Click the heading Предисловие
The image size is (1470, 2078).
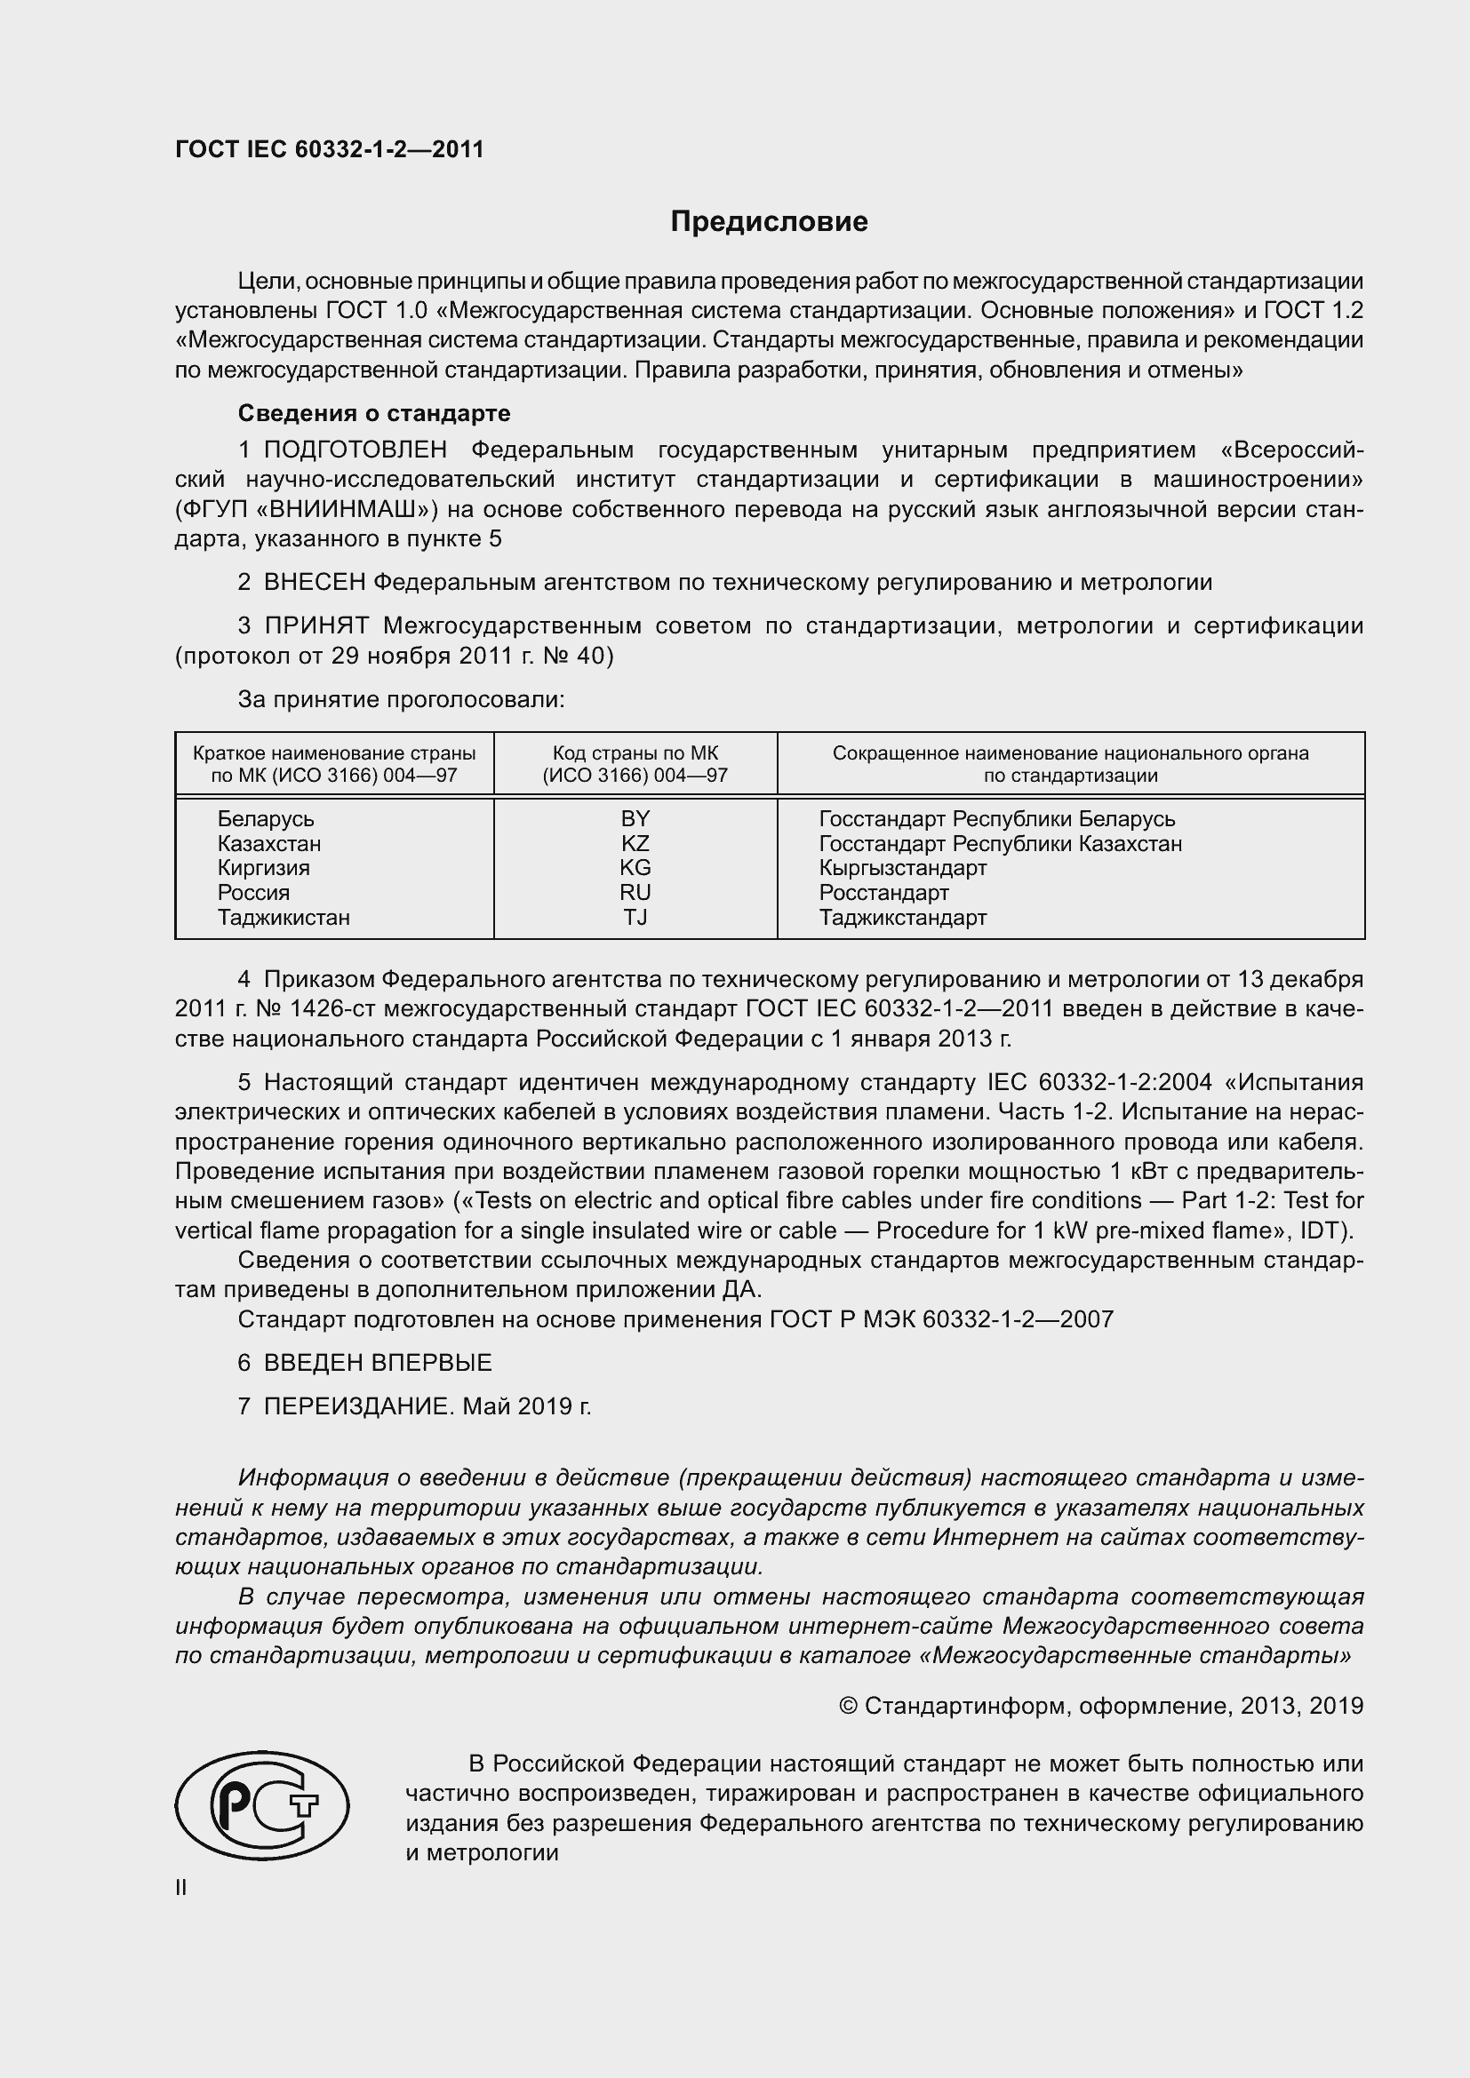[769, 222]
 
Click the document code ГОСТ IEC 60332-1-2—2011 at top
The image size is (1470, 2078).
[330, 149]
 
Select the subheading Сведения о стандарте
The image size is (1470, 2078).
[374, 414]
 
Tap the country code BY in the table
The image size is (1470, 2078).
[635, 818]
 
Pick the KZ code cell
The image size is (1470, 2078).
[635, 843]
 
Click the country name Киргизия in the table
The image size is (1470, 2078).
[263, 868]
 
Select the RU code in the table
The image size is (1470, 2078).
[635, 892]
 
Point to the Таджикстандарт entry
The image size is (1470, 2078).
[902, 918]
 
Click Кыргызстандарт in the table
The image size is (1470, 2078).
[902, 868]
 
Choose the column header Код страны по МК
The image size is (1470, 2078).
[635, 753]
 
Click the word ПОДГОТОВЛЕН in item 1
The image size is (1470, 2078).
[355, 450]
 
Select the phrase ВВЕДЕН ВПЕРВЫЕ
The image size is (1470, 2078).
[378, 1363]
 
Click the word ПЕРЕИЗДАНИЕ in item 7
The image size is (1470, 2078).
[356, 1406]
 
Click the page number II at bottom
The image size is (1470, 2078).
[181, 1888]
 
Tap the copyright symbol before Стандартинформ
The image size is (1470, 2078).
[848, 1706]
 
